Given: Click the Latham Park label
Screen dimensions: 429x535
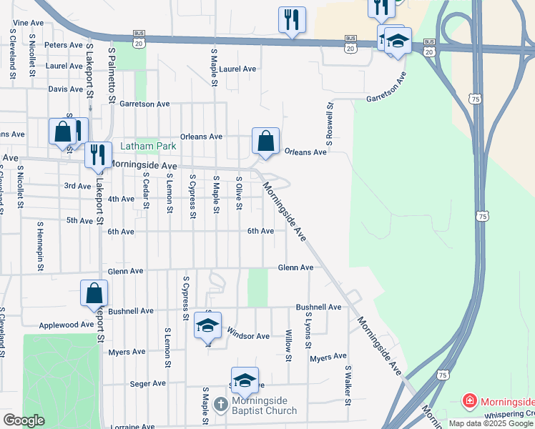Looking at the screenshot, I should pyautogui.click(x=148, y=146).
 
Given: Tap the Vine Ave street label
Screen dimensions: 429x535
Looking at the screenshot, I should pyautogui.click(x=29, y=23).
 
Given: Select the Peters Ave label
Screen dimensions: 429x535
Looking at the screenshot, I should pyautogui.click(x=64, y=44).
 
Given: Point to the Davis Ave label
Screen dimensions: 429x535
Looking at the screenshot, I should pyautogui.click(x=66, y=89).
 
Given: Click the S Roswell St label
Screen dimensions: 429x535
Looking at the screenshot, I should pyautogui.click(x=330, y=122).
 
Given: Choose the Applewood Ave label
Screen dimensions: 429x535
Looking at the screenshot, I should pyautogui.click(x=67, y=324).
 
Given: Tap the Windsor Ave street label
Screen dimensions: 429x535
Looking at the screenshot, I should pyautogui.click(x=247, y=335).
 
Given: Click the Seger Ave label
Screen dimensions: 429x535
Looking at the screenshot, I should pyautogui.click(x=149, y=384).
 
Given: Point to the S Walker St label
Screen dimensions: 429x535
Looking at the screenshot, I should pyautogui.click(x=348, y=385).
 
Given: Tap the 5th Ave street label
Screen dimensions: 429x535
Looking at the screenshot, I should pyautogui.click(x=79, y=221).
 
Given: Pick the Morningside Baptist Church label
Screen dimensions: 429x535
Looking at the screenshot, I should pyautogui.click(x=265, y=406).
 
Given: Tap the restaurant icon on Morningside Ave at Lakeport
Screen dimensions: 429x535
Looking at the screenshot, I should pyautogui.click(x=98, y=154).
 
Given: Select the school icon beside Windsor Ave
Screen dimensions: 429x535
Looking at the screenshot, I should pyautogui.click(x=208, y=325).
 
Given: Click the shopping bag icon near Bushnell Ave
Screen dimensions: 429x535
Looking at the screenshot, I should pyautogui.click(x=94, y=292).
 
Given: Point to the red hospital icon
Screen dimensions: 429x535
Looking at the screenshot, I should pyautogui.click(x=469, y=400).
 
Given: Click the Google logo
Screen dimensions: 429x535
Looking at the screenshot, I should pyautogui.click(x=23, y=420).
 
